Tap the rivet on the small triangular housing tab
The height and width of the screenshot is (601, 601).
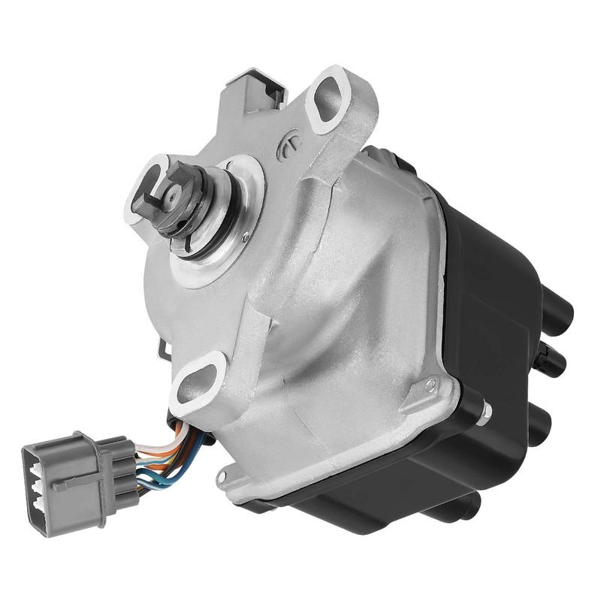pyautogui.click(x=430, y=385)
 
